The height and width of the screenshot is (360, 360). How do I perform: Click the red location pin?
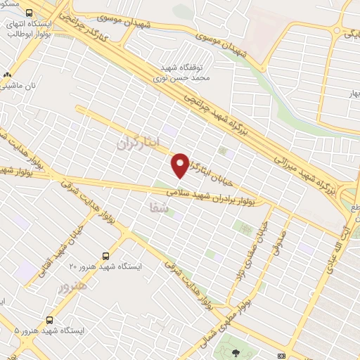[x=180, y=165]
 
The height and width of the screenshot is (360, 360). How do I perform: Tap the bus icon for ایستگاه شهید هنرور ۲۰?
[x=106, y=257]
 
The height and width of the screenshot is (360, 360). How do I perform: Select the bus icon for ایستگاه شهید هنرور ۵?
[x=49, y=319]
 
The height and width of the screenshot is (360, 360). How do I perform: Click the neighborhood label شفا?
[x=158, y=207]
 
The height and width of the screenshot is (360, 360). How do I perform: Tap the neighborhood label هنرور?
[x=74, y=287]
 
